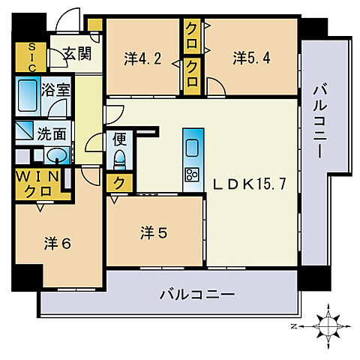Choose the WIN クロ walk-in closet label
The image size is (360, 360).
(x=42, y=184)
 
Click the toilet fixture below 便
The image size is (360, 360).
(x=118, y=159)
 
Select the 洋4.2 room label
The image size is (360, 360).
(x=142, y=56)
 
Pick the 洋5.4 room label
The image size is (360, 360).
(x=250, y=56)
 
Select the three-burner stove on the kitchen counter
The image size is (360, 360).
(x=190, y=175)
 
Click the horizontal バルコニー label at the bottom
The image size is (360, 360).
(x=197, y=295)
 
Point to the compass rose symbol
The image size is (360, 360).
(x=328, y=325)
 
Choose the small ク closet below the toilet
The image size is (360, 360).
(x=118, y=182)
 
